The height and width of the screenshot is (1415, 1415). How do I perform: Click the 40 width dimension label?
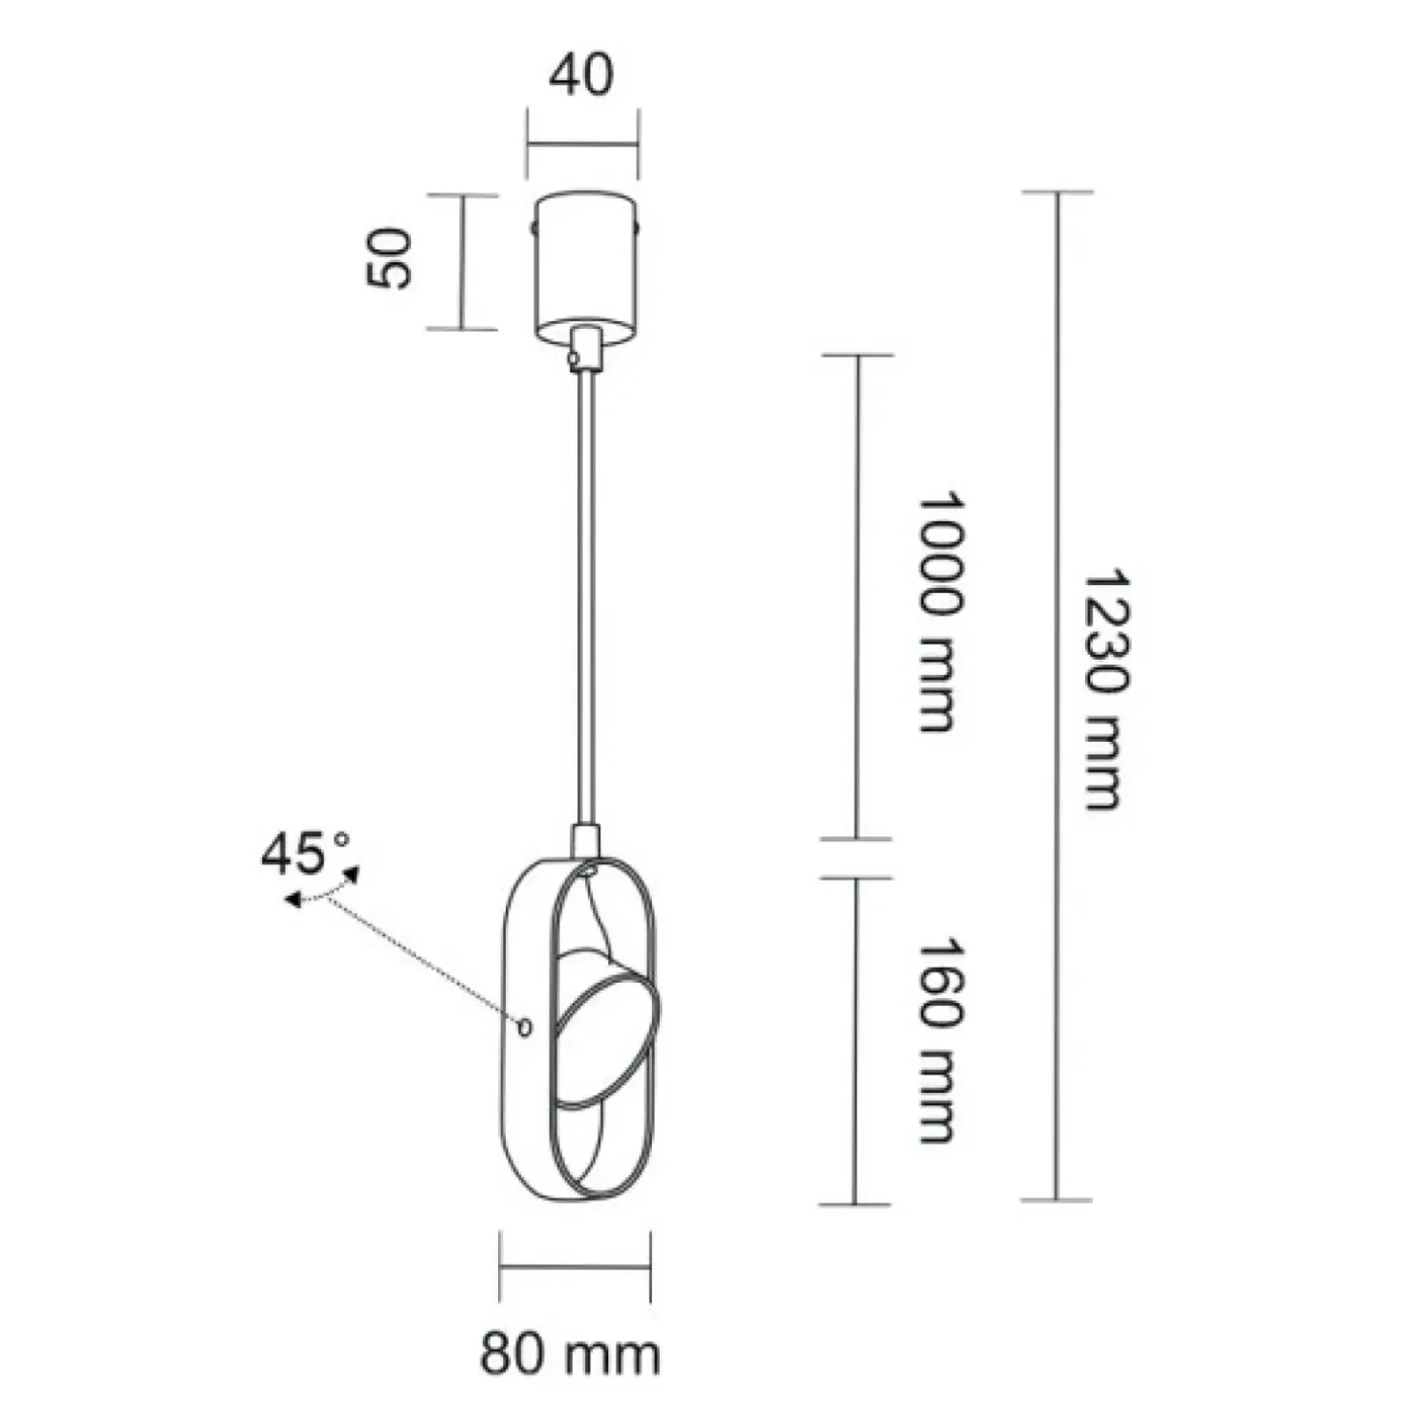581,76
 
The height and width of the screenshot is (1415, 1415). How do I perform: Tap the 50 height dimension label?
389,258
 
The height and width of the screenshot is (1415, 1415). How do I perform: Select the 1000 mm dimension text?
937,613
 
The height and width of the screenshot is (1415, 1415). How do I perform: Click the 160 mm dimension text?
937,1040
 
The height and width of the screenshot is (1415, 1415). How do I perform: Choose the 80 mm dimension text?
570,1354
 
